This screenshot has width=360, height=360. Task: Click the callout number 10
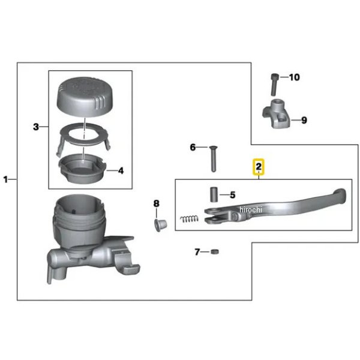[x=295, y=77]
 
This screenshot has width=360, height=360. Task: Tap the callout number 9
[x=304, y=120]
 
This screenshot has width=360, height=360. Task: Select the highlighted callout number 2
[x=259, y=166]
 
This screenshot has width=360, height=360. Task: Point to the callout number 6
[x=193, y=148]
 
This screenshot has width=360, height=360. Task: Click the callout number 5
[x=233, y=195]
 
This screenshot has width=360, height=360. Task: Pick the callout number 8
[x=156, y=203]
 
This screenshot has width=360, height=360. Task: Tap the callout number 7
[x=197, y=252]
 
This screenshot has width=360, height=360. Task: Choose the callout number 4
[x=121, y=171]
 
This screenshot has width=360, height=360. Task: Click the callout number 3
[x=36, y=127]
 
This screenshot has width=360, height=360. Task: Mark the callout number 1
[x=5, y=179]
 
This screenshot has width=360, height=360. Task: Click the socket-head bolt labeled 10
[x=274, y=85]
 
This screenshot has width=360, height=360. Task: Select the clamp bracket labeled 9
[x=276, y=113]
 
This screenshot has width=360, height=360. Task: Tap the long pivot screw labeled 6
[x=213, y=159]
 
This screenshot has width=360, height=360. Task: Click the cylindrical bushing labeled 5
[x=214, y=195]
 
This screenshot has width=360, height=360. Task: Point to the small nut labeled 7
[x=214, y=251]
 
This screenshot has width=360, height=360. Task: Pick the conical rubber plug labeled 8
[x=160, y=225]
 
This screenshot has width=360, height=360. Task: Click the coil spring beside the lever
[x=189, y=219]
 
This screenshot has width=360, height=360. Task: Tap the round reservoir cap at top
[x=85, y=97]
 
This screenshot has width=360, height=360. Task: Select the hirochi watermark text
[x=250, y=209]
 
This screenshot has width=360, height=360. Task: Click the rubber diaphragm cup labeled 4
[x=82, y=168]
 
